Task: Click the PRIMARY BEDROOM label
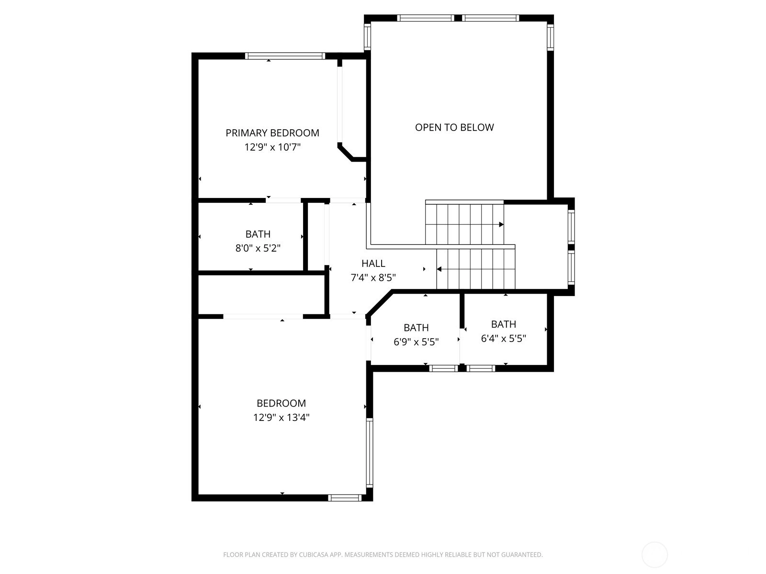[272, 133]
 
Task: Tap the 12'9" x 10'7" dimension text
[272, 147]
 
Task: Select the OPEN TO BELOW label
[454, 127]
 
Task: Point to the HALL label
[373, 263]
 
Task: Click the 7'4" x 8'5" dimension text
[373, 277]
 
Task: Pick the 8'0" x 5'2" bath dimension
[258, 248]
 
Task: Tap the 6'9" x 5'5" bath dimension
[416, 342]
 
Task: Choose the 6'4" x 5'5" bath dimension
[503, 338]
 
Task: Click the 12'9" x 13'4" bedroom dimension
[282, 417]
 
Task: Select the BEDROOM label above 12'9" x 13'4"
[282, 403]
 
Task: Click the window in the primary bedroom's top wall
[285, 56]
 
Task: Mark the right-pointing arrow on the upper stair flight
[501, 224]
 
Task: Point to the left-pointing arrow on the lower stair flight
[439, 269]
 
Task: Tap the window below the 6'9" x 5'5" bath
[443, 368]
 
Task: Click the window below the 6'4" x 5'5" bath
[481, 368]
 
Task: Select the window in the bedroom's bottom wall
[345, 498]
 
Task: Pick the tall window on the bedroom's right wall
[370, 453]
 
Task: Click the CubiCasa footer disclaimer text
[383, 554]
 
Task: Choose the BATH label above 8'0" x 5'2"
[258, 234]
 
